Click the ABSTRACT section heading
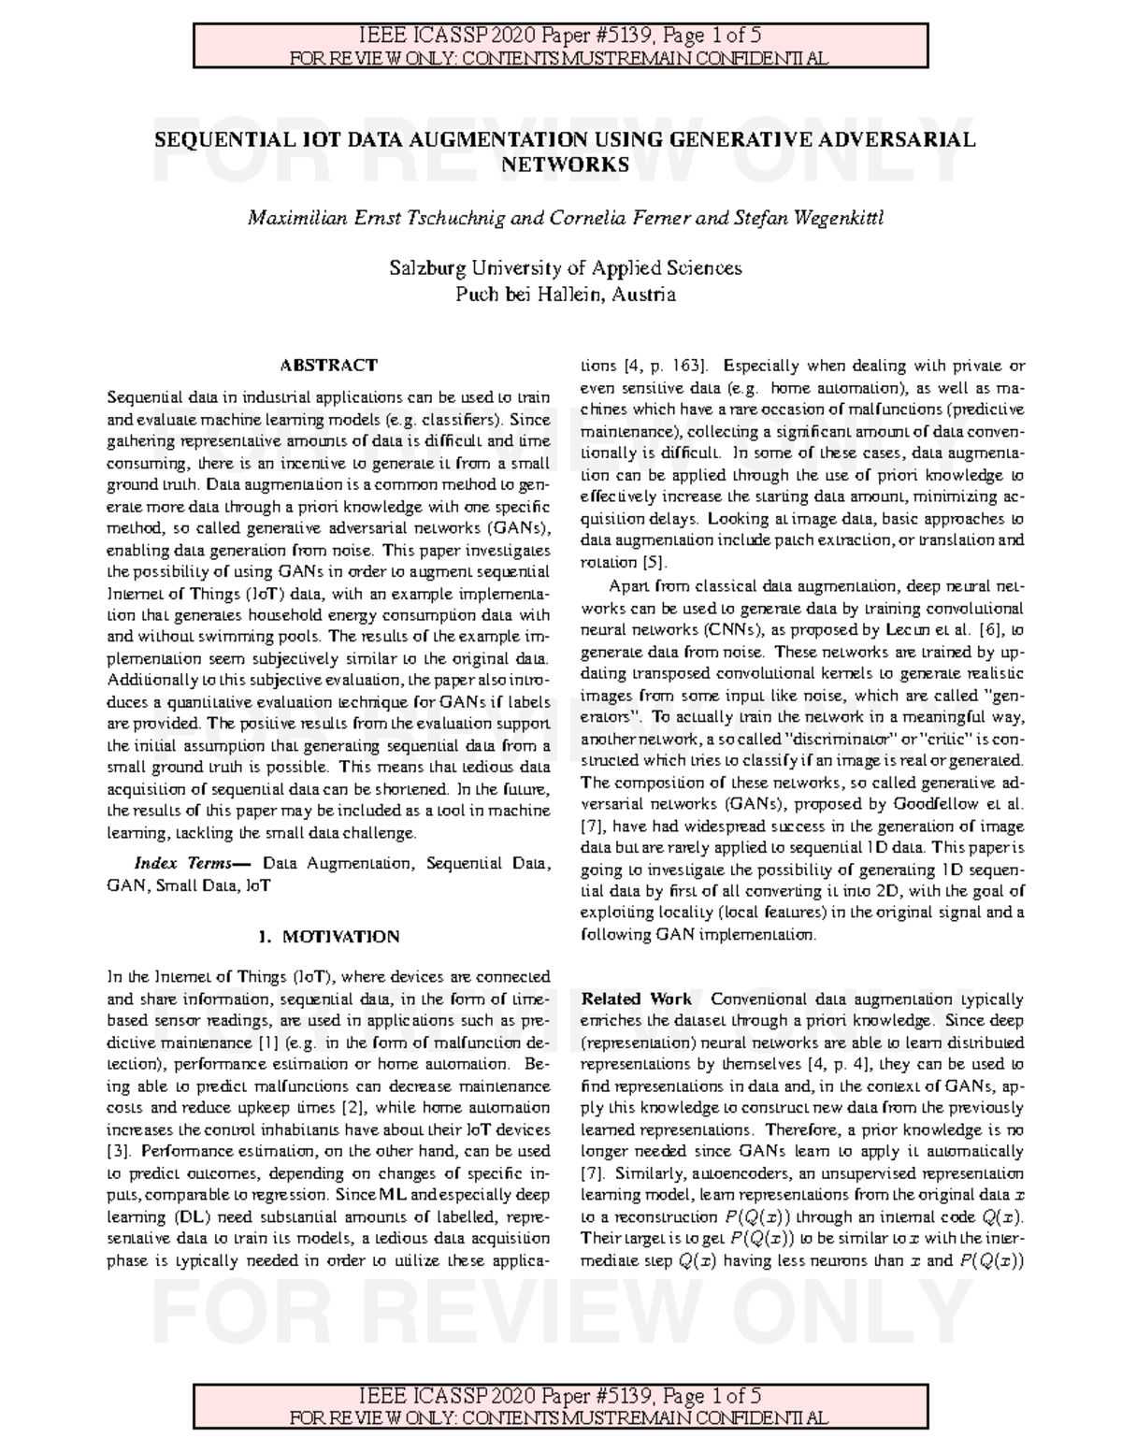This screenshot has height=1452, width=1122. tap(329, 365)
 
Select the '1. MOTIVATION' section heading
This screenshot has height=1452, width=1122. tap(328, 936)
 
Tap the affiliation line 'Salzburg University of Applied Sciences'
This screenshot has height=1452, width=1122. tap(565, 268)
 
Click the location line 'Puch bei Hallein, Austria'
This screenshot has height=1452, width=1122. tap(565, 295)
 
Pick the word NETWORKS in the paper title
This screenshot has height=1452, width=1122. tap(565, 165)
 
